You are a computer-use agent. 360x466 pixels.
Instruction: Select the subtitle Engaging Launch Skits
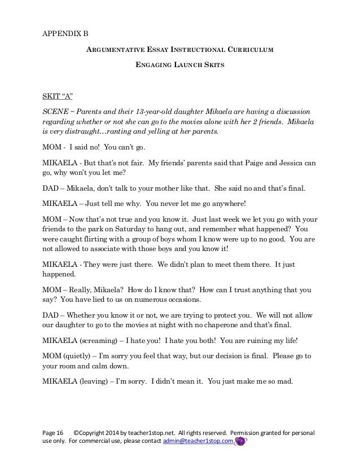pyautogui.click(x=180, y=65)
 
